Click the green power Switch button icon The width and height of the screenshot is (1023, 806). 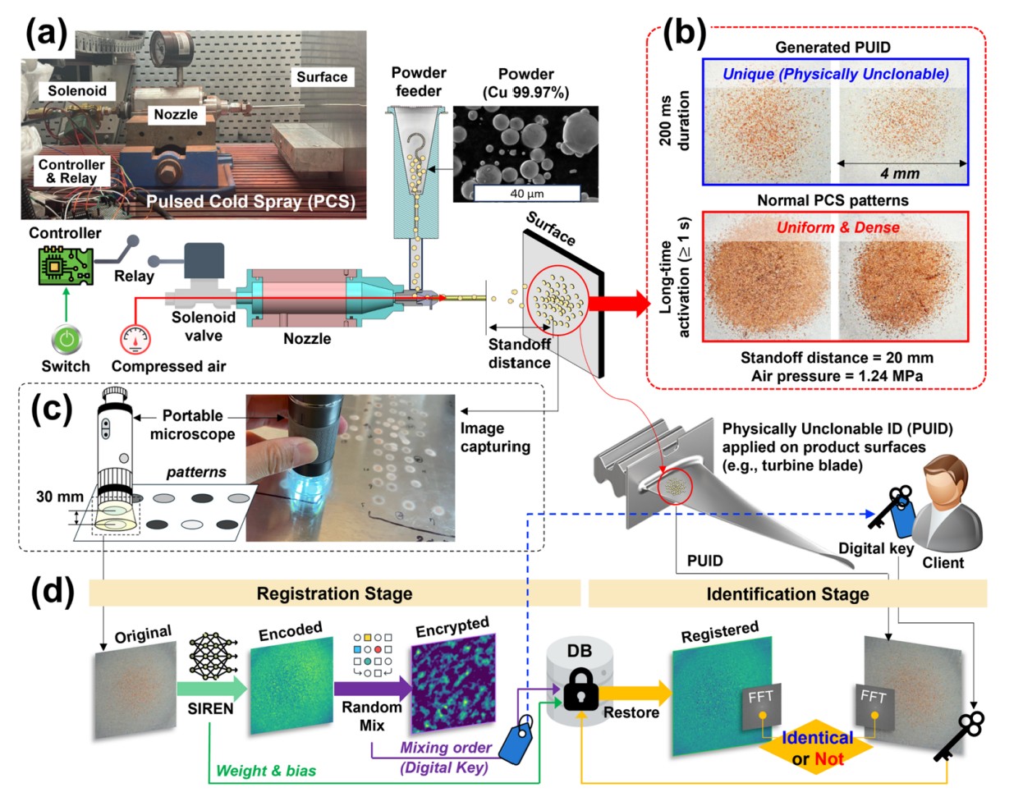[x=67, y=338]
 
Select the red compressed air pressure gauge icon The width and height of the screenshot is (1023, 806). [x=135, y=338]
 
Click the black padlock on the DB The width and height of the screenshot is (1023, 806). [x=580, y=689]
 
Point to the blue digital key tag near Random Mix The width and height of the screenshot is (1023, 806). [x=516, y=740]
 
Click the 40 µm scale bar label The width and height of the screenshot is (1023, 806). [x=526, y=194]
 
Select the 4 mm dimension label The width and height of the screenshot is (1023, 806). [x=900, y=173]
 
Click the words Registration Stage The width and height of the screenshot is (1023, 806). [x=334, y=593]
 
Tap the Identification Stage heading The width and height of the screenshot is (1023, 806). [x=787, y=593]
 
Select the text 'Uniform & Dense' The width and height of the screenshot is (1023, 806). [x=837, y=227]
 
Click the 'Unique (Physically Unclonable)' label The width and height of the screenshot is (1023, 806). [x=835, y=74]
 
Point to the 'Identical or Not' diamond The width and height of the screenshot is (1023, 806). [x=817, y=748]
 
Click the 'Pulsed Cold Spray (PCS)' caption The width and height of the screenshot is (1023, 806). [x=250, y=201]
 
